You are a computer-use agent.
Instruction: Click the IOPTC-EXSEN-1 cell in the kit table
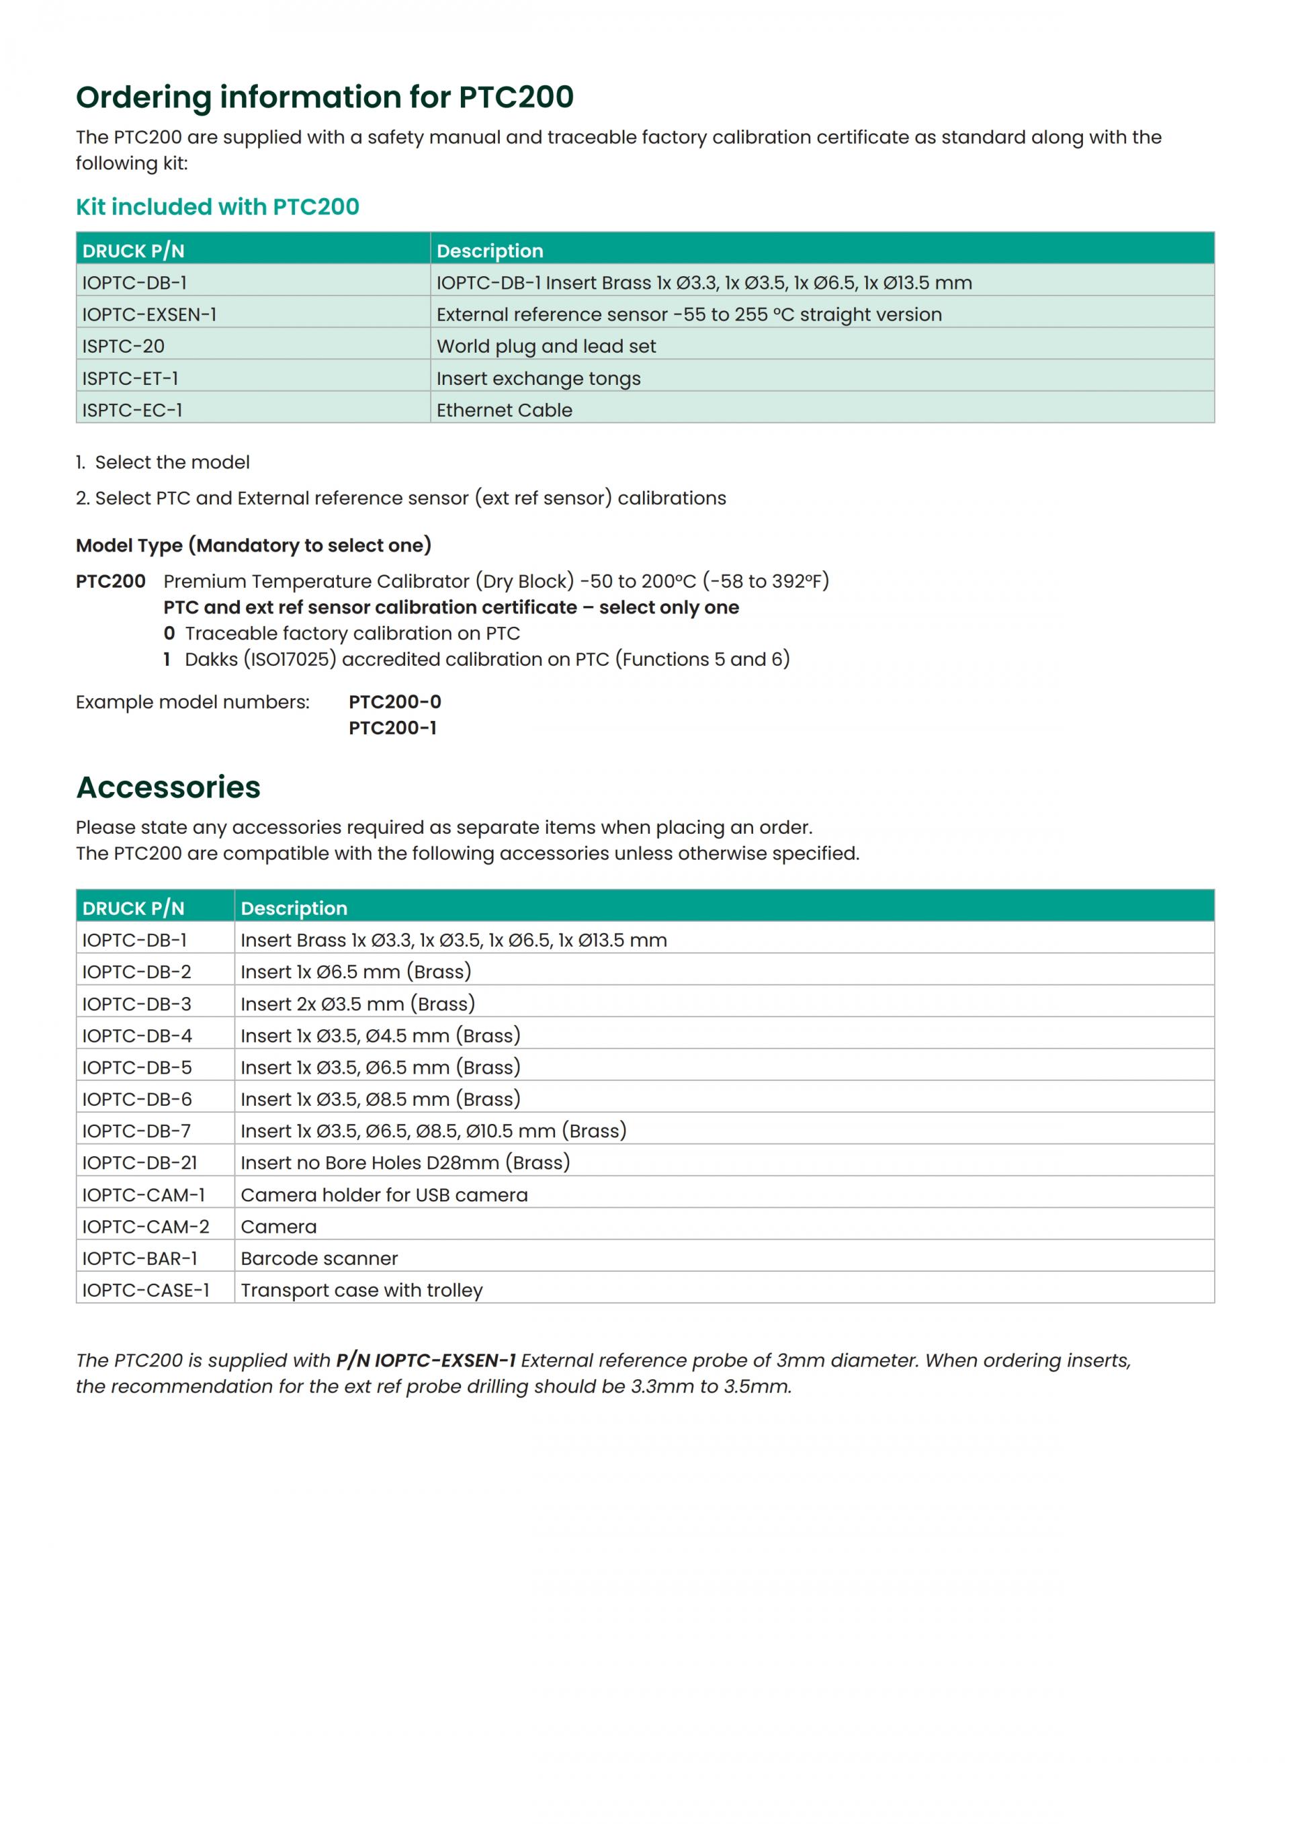click(149, 314)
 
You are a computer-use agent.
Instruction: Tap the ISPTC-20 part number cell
click(123, 347)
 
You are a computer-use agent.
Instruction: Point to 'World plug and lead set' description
click(546, 347)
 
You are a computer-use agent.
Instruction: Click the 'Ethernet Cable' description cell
click(504, 410)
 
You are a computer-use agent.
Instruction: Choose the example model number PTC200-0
click(395, 701)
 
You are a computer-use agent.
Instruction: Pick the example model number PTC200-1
click(392, 728)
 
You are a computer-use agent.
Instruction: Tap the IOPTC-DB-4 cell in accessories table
click(136, 1036)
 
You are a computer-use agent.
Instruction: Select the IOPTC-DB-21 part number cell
click(139, 1163)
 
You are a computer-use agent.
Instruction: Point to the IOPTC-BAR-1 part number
click(139, 1258)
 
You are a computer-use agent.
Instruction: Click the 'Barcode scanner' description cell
click(318, 1258)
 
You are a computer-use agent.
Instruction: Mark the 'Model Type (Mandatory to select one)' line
click(253, 545)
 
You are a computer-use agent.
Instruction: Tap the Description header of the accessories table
click(294, 908)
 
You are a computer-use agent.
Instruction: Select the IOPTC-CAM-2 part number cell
click(145, 1227)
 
